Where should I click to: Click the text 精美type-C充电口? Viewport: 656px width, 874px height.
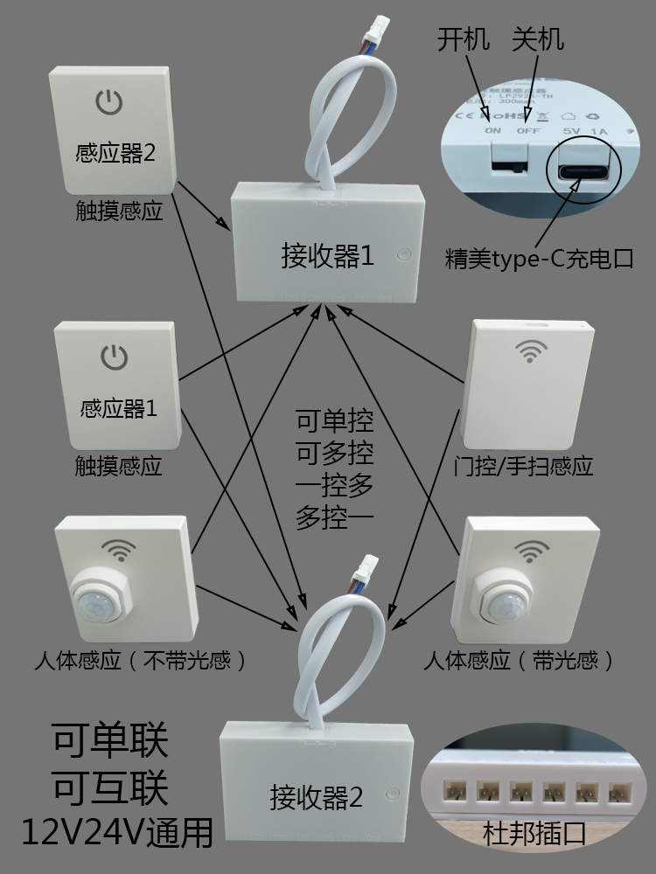[x=538, y=260]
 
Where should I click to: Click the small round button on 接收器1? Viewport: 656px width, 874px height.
[x=403, y=256]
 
